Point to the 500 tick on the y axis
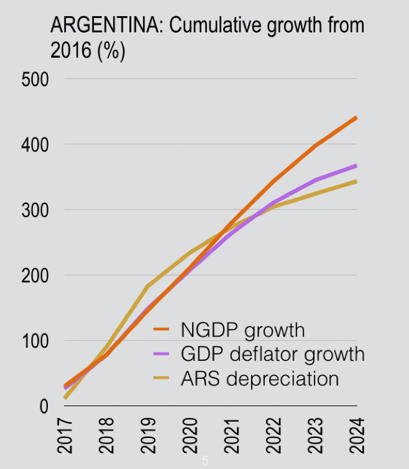click(x=35, y=80)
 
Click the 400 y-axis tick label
click(x=35, y=145)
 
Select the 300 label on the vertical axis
click(x=35, y=210)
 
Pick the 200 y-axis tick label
click(x=35, y=276)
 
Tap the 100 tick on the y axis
click(x=35, y=341)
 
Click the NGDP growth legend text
click(x=243, y=330)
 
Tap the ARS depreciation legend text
click(x=260, y=378)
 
